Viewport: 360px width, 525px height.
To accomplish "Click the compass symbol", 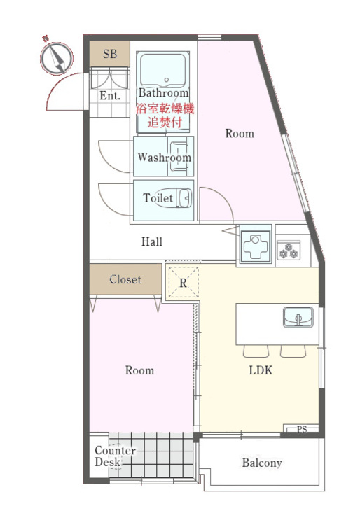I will tap(56, 57).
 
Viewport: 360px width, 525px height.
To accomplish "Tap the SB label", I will tap(110, 54).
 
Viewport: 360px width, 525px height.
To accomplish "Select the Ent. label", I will tap(110, 96).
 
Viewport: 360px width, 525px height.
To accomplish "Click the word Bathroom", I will tap(163, 93).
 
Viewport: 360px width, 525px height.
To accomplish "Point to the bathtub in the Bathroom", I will tap(162, 69).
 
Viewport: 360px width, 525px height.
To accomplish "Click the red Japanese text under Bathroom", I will tap(164, 115).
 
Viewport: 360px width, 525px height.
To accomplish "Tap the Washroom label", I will tap(164, 157).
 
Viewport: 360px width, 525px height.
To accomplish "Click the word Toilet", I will tap(158, 199).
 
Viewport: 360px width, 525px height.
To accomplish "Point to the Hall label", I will tap(152, 241).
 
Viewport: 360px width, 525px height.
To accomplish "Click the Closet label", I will tap(125, 280).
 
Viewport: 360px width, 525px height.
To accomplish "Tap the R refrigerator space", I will tap(183, 283).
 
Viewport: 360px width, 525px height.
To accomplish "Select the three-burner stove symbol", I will tap(289, 249).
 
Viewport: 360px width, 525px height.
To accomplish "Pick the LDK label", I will tap(261, 370).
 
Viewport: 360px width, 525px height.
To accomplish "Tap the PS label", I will tap(302, 429).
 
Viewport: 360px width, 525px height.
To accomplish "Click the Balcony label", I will tap(262, 463).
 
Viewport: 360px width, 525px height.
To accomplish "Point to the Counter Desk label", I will tap(109, 456).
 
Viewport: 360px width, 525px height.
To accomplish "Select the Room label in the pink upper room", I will tap(240, 134).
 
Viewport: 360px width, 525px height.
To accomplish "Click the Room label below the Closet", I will tap(139, 370).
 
